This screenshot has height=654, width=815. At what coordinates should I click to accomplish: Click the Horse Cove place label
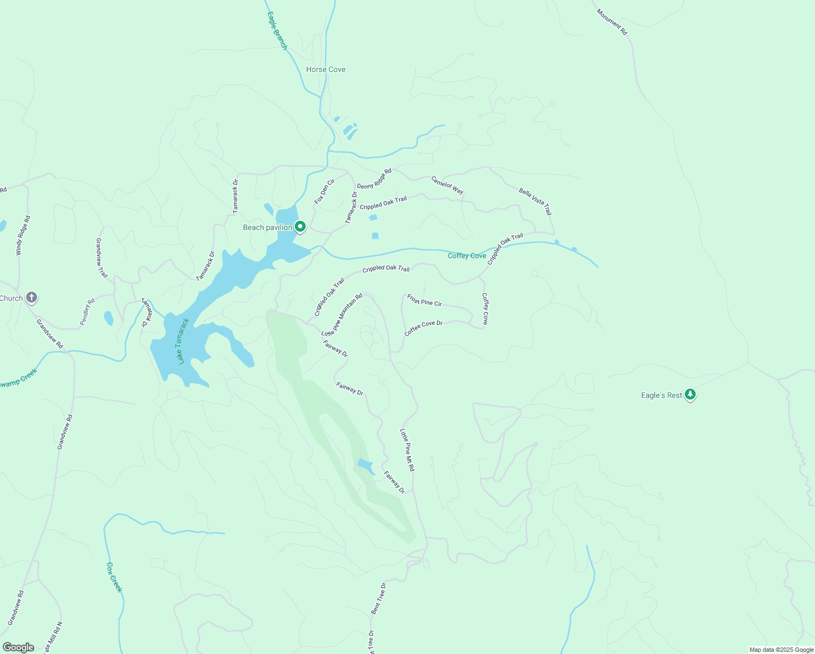click(x=325, y=69)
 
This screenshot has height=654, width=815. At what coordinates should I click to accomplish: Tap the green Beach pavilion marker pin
click(x=300, y=227)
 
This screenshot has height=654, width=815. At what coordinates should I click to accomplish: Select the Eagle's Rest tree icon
click(x=690, y=395)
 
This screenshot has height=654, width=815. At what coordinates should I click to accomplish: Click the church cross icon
click(x=32, y=298)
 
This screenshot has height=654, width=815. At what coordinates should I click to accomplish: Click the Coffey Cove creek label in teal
click(x=467, y=256)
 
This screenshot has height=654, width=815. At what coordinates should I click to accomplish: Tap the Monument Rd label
click(x=612, y=22)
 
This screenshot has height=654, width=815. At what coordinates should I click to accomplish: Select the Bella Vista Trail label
click(x=535, y=201)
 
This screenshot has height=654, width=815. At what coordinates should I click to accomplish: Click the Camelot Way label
click(x=447, y=185)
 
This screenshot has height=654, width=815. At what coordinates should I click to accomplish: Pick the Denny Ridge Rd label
click(x=374, y=179)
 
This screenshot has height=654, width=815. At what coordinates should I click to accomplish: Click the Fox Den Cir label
click(x=324, y=192)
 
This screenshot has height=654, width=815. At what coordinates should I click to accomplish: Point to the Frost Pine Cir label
click(x=424, y=300)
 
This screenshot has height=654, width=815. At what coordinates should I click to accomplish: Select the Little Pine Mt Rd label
click(x=407, y=450)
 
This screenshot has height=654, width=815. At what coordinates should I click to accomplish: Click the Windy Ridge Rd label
click(x=23, y=235)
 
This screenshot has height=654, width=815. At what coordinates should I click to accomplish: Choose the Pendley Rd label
click(x=87, y=312)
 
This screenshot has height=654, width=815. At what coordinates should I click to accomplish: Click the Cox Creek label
click(x=114, y=577)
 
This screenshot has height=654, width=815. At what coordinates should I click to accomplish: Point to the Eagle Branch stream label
click(x=277, y=31)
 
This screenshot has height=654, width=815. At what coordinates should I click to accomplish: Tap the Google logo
click(x=19, y=647)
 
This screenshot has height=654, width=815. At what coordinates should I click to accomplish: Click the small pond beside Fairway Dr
click(x=366, y=466)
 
